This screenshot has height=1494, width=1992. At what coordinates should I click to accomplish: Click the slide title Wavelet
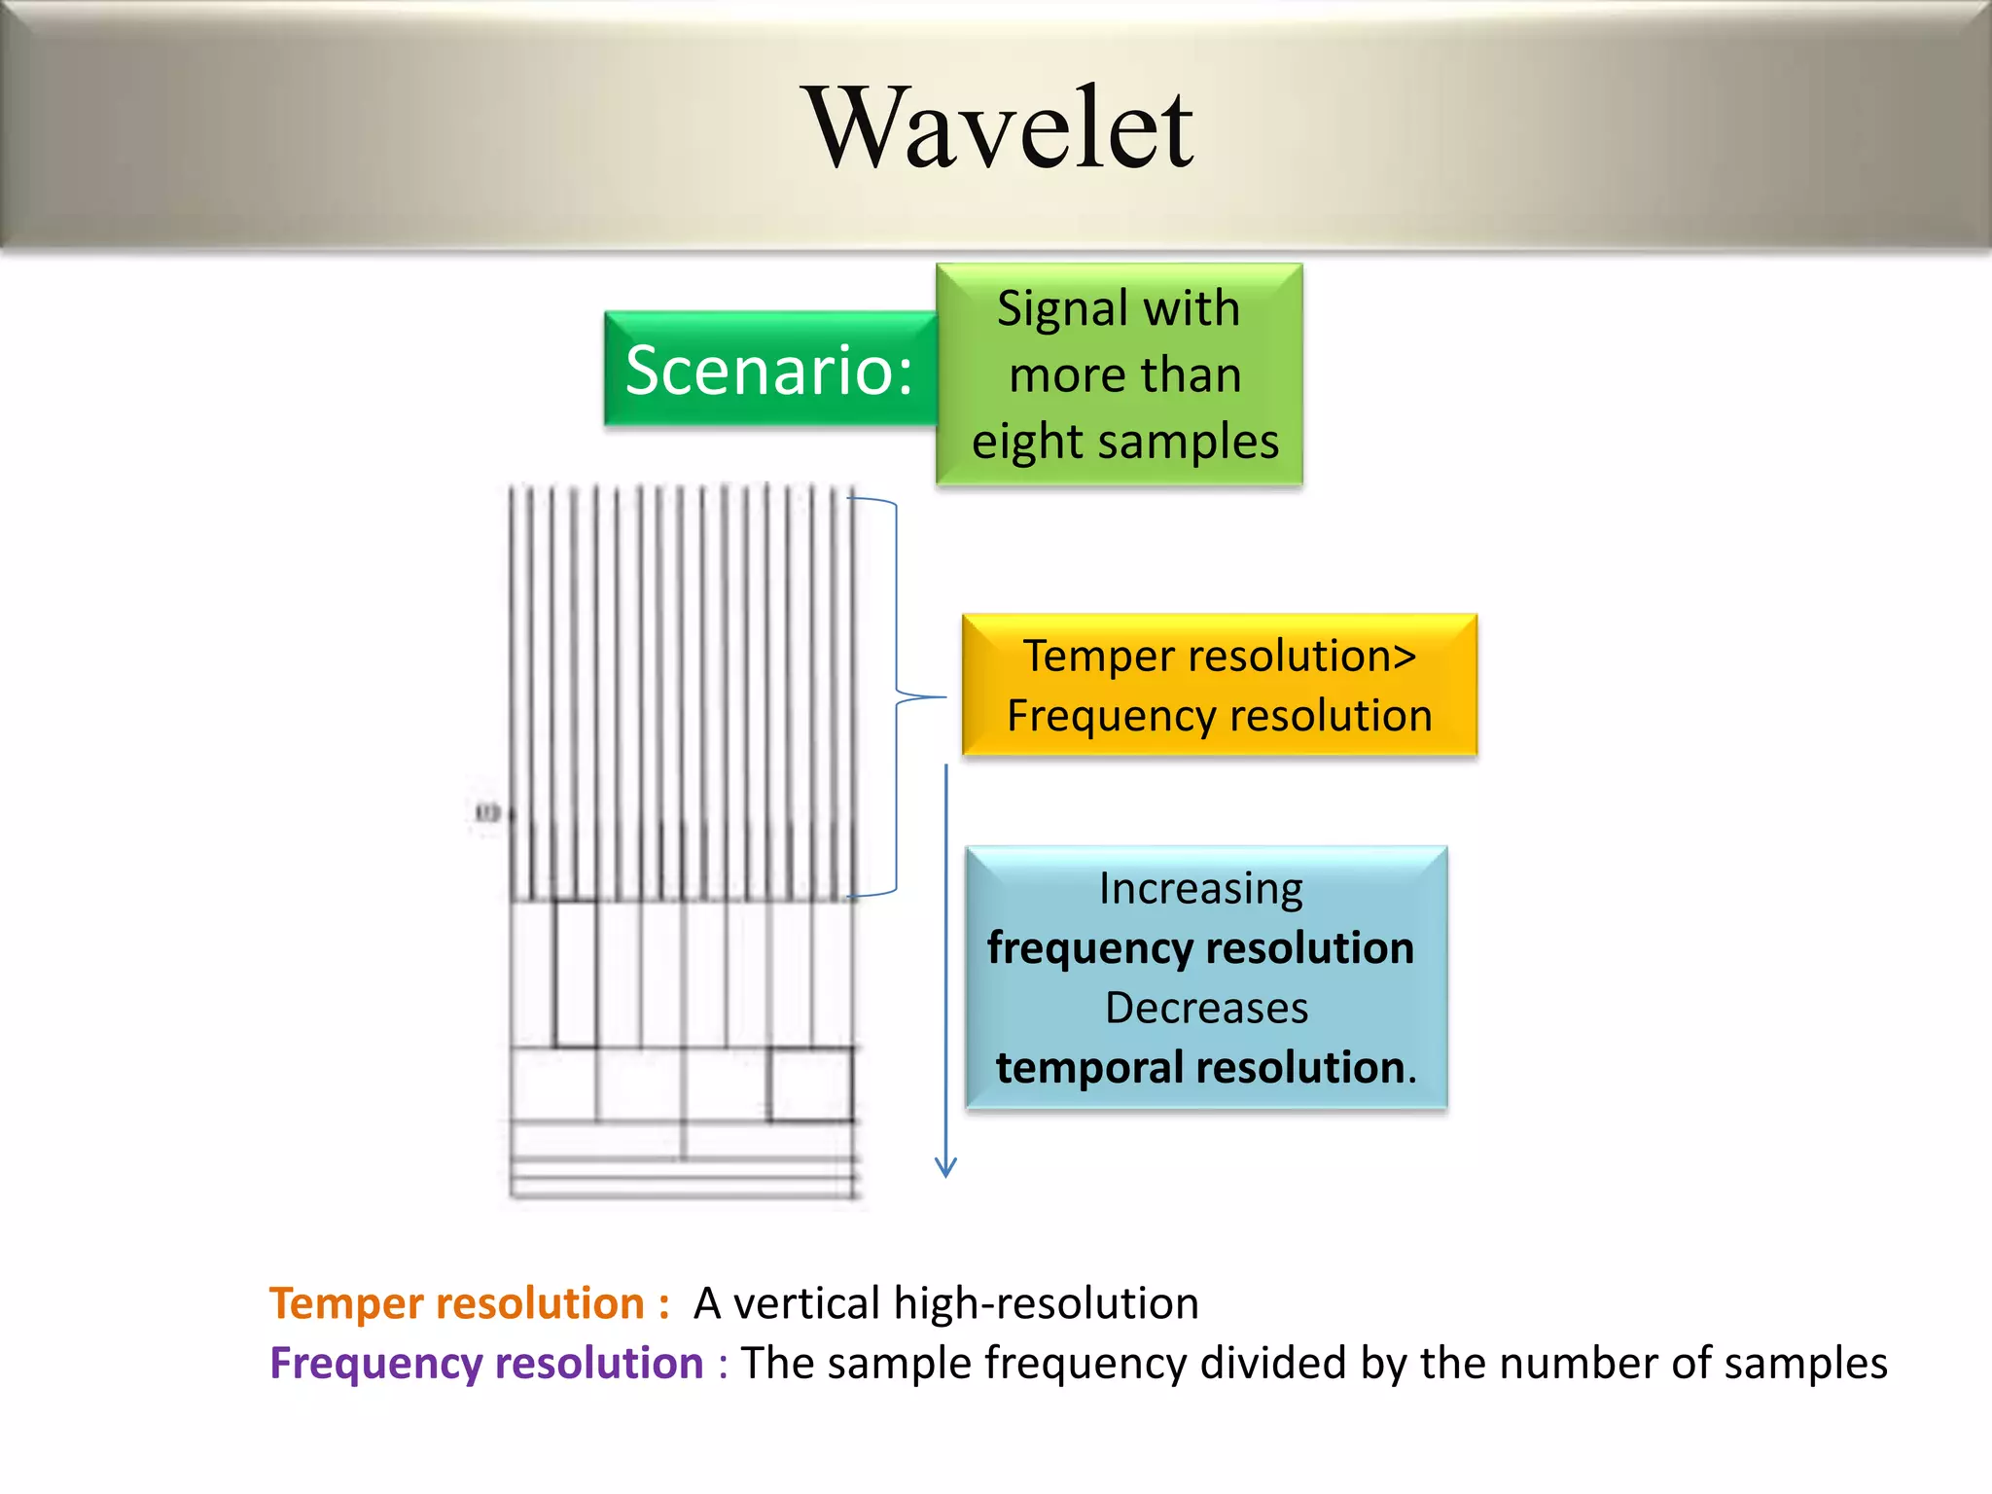[1001, 129]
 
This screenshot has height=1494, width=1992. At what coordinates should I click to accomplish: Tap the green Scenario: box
[769, 371]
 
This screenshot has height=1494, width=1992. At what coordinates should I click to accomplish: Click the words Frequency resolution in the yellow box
[1219, 716]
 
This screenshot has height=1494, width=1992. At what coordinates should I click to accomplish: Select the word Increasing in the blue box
[1201, 889]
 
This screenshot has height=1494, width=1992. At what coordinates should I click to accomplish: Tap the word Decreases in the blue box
[1206, 1008]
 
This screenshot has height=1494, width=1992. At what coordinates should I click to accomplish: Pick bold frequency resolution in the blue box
[1201, 948]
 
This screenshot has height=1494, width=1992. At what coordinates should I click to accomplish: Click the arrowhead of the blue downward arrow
[945, 1169]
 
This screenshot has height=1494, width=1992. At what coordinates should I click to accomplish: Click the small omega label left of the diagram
[487, 812]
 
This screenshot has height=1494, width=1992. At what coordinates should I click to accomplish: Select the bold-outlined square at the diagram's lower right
[810, 1085]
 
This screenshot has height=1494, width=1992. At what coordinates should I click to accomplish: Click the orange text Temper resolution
[456, 1303]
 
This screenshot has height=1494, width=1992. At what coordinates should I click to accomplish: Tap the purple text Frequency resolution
[486, 1364]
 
